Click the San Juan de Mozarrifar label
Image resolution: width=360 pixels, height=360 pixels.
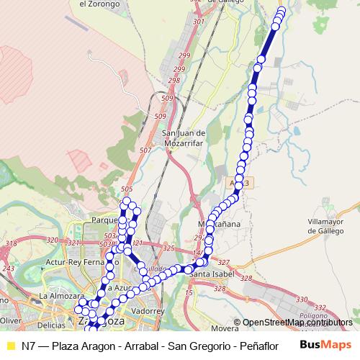(185, 138)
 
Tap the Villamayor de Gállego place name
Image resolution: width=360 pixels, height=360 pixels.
(331, 227)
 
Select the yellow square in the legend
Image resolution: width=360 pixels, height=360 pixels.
(10, 344)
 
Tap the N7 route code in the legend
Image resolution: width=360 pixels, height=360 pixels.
(29, 345)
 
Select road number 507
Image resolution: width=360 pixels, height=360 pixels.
(145, 150)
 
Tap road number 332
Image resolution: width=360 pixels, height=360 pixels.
(320, 307)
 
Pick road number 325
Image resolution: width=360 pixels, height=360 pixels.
(168, 248)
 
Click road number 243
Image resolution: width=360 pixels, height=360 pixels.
(8, 269)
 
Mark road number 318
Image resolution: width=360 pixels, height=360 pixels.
(11, 244)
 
